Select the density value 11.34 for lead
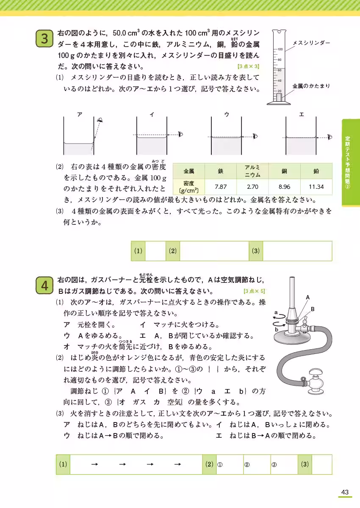coord(316,186)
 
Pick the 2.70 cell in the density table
coord(252,186)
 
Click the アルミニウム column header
coord(252,171)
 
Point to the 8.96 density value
coord(284,186)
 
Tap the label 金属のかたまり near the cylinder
coord(311,86)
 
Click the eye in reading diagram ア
coord(100,121)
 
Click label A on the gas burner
coord(308,298)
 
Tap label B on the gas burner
coord(313,309)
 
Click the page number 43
coord(344,492)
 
